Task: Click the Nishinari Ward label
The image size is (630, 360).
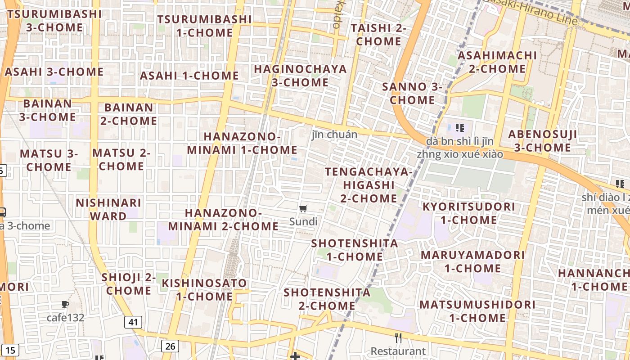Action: [x=108, y=209]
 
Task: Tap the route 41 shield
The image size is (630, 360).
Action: [x=133, y=322]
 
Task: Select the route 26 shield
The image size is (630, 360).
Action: [x=170, y=346]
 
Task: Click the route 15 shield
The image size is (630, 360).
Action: [x=11, y=350]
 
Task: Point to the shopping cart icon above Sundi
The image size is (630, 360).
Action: [x=303, y=208]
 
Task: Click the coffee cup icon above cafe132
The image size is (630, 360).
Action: [x=65, y=305]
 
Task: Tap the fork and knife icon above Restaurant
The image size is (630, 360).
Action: [x=398, y=337]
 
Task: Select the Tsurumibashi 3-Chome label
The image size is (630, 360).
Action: [x=54, y=21]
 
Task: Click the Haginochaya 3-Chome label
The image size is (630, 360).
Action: [x=300, y=76]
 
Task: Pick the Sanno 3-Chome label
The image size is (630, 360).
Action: [x=412, y=93]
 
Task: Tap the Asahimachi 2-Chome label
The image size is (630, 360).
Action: [x=497, y=62]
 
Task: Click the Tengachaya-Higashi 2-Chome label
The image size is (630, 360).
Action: [x=369, y=185]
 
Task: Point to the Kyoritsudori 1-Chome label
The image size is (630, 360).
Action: [x=468, y=213]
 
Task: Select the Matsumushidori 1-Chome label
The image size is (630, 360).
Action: [x=477, y=311]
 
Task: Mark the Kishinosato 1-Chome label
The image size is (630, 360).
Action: [x=204, y=290]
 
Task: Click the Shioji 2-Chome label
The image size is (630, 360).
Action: [x=129, y=283]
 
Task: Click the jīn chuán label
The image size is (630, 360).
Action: [x=335, y=135]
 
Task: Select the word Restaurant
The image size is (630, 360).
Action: [x=398, y=351]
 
